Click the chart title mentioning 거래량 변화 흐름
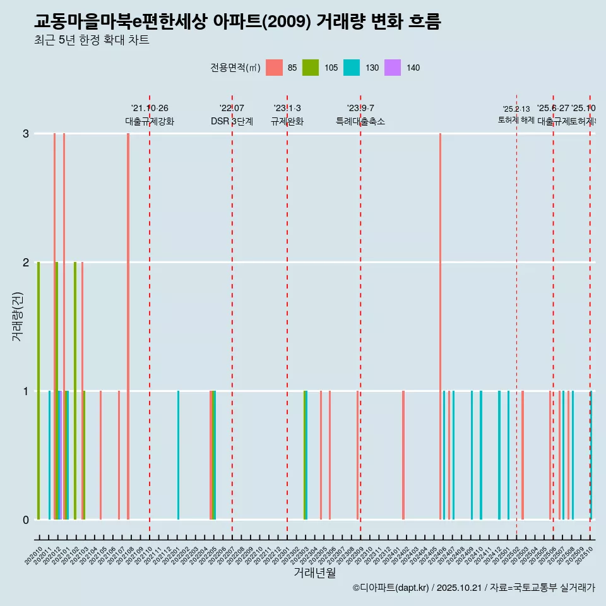point(237,22)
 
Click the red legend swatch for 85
point(274,68)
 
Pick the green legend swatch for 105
point(311,68)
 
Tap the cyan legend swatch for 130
point(352,68)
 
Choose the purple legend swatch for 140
point(393,68)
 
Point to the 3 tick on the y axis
point(26,134)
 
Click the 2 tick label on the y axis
point(26,262)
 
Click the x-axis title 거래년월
point(314,573)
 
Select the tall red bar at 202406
point(440,326)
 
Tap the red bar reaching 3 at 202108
point(128,326)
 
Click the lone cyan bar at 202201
point(178,455)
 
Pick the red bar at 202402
point(403,455)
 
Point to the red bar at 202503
point(523,455)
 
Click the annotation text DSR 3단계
point(232,121)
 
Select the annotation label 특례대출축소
point(360,121)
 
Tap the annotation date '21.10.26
point(150,109)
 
